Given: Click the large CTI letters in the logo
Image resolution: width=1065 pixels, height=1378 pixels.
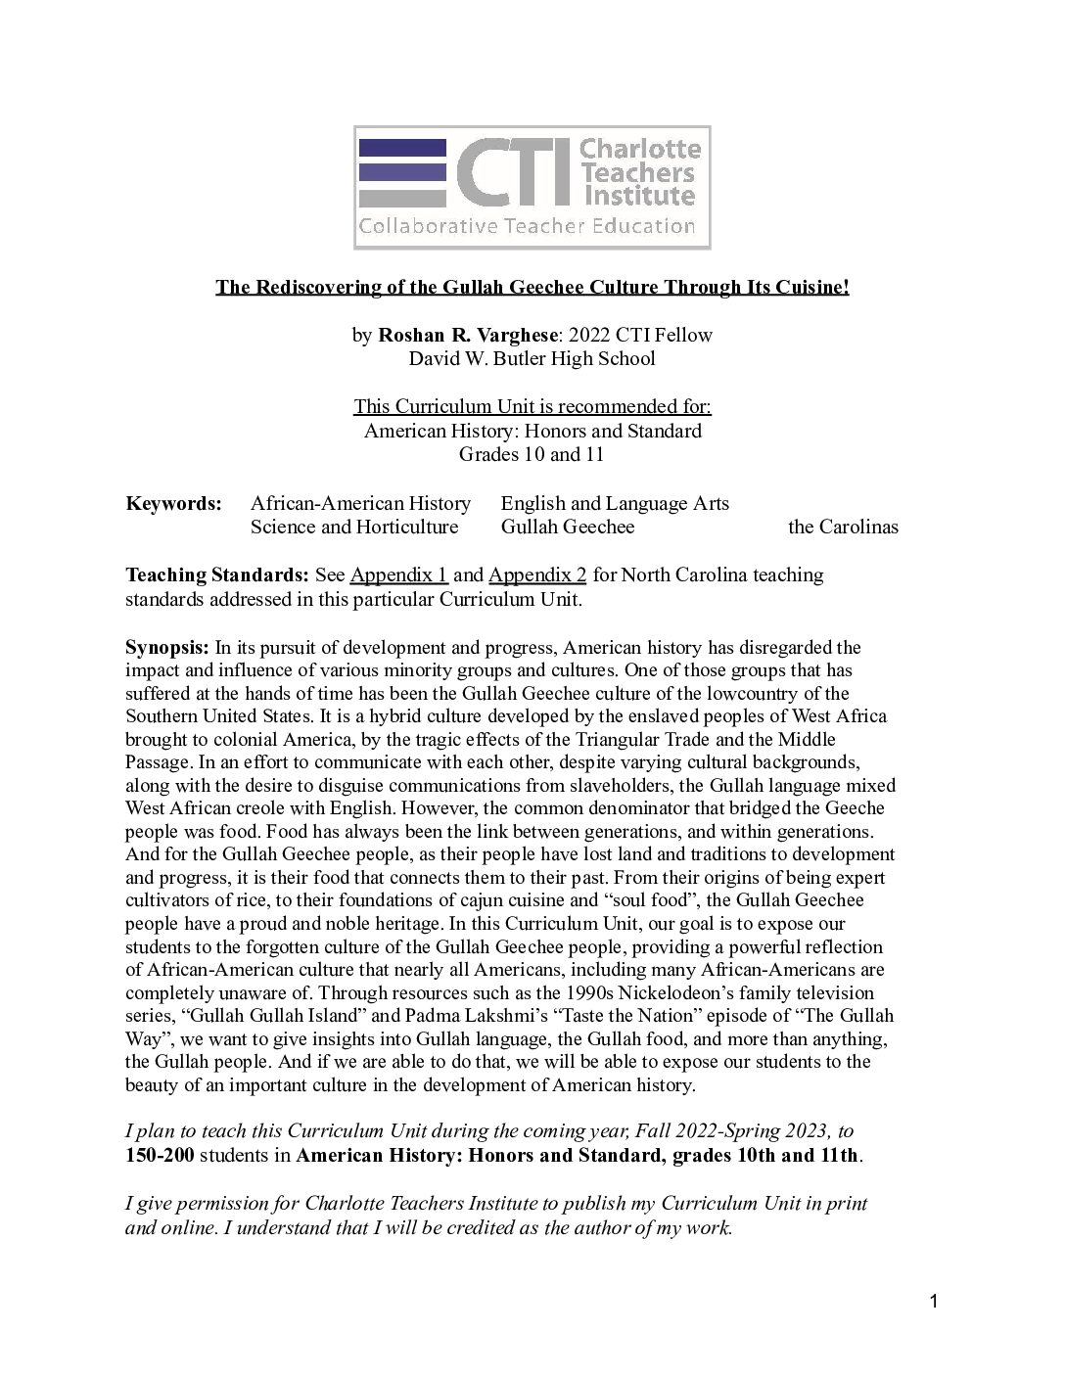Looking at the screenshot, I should [x=514, y=172].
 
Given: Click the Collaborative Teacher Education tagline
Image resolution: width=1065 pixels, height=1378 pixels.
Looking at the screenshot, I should [x=527, y=227].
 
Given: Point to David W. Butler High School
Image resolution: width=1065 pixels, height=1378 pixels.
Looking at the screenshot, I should [x=532, y=358].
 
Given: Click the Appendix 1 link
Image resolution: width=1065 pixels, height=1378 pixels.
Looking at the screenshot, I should [x=398, y=574].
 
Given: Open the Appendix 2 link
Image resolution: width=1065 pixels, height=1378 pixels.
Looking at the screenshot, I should [x=537, y=574].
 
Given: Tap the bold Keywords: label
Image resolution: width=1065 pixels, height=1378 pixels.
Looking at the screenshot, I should [x=174, y=503].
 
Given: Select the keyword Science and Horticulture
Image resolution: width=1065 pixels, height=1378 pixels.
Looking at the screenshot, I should [x=354, y=527].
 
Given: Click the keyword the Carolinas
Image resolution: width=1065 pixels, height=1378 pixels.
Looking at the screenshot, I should [x=843, y=527].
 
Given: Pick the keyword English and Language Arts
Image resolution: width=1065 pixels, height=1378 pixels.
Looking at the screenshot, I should [x=615, y=503].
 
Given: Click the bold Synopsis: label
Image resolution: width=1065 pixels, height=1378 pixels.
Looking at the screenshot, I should [x=167, y=647].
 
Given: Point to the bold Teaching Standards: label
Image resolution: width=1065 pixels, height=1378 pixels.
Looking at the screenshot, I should [x=217, y=574].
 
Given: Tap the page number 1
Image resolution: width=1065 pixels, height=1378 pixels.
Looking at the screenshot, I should [x=934, y=1301].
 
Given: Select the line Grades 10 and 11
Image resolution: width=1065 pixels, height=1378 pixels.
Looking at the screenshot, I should [x=532, y=454].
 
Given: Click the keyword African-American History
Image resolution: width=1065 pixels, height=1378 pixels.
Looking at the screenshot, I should [x=360, y=503].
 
